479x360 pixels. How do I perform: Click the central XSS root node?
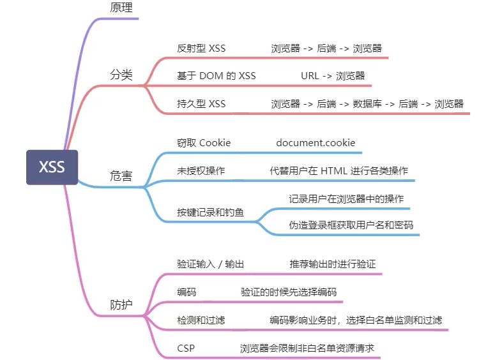point(52,167)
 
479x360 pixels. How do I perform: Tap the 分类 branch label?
point(121,75)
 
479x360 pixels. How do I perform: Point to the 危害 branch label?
point(121,176)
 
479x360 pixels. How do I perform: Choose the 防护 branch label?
point(121,304)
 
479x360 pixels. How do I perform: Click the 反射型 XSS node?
point(201,49)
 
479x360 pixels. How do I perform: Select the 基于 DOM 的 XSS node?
point(216,76)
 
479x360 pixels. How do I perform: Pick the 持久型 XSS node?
point(201,103)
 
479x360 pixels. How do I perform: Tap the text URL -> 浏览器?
point(333,76)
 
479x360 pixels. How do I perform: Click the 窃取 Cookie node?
point(204,143)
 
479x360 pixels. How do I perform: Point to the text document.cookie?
point(316,143)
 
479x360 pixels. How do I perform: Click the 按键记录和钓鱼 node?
point(210,213)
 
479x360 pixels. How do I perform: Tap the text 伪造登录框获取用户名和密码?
point(351,225)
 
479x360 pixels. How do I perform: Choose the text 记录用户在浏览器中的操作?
point(346,199)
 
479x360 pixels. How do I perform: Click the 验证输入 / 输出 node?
point(210,264)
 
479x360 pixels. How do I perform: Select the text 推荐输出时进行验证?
point(332,264)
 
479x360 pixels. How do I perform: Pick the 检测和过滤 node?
point(201,320)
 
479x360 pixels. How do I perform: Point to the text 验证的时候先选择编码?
point(289,292)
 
